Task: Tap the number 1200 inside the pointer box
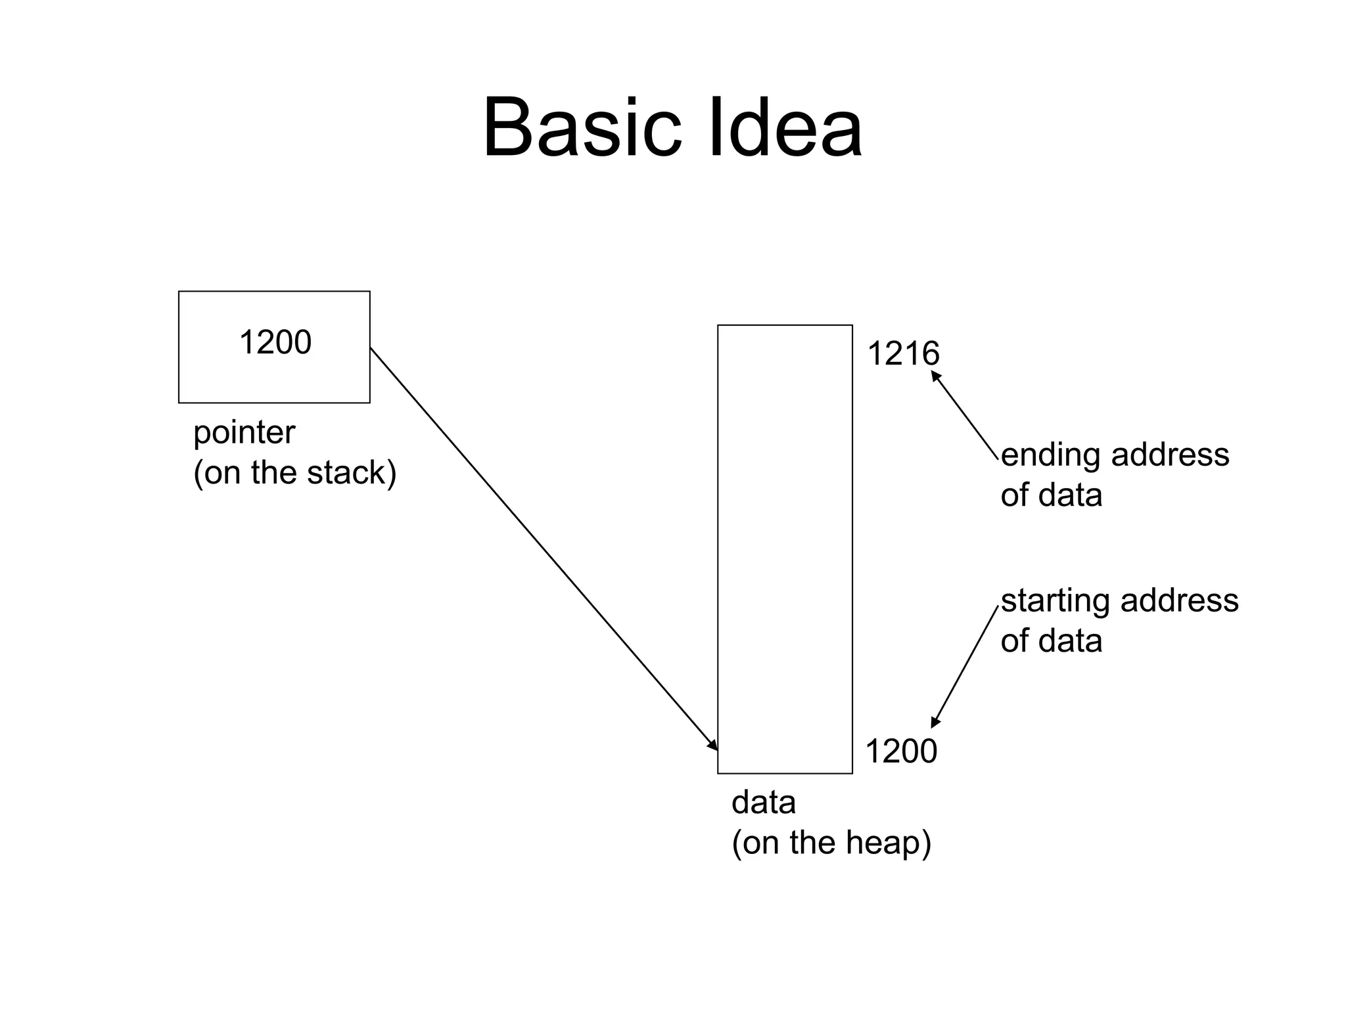(275, 342)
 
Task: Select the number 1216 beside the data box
(903, 353)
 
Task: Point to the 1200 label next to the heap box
(900, 751)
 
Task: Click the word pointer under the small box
(244, 433)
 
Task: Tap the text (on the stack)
(294, 472)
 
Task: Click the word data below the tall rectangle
(763, 802)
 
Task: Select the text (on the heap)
(831, 842)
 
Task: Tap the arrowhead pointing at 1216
(936, 376)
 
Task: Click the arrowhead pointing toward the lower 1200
(935, 722)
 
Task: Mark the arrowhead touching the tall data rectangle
(712, 745)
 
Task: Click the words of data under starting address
(1051, 640)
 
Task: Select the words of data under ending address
(1051, 495)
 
